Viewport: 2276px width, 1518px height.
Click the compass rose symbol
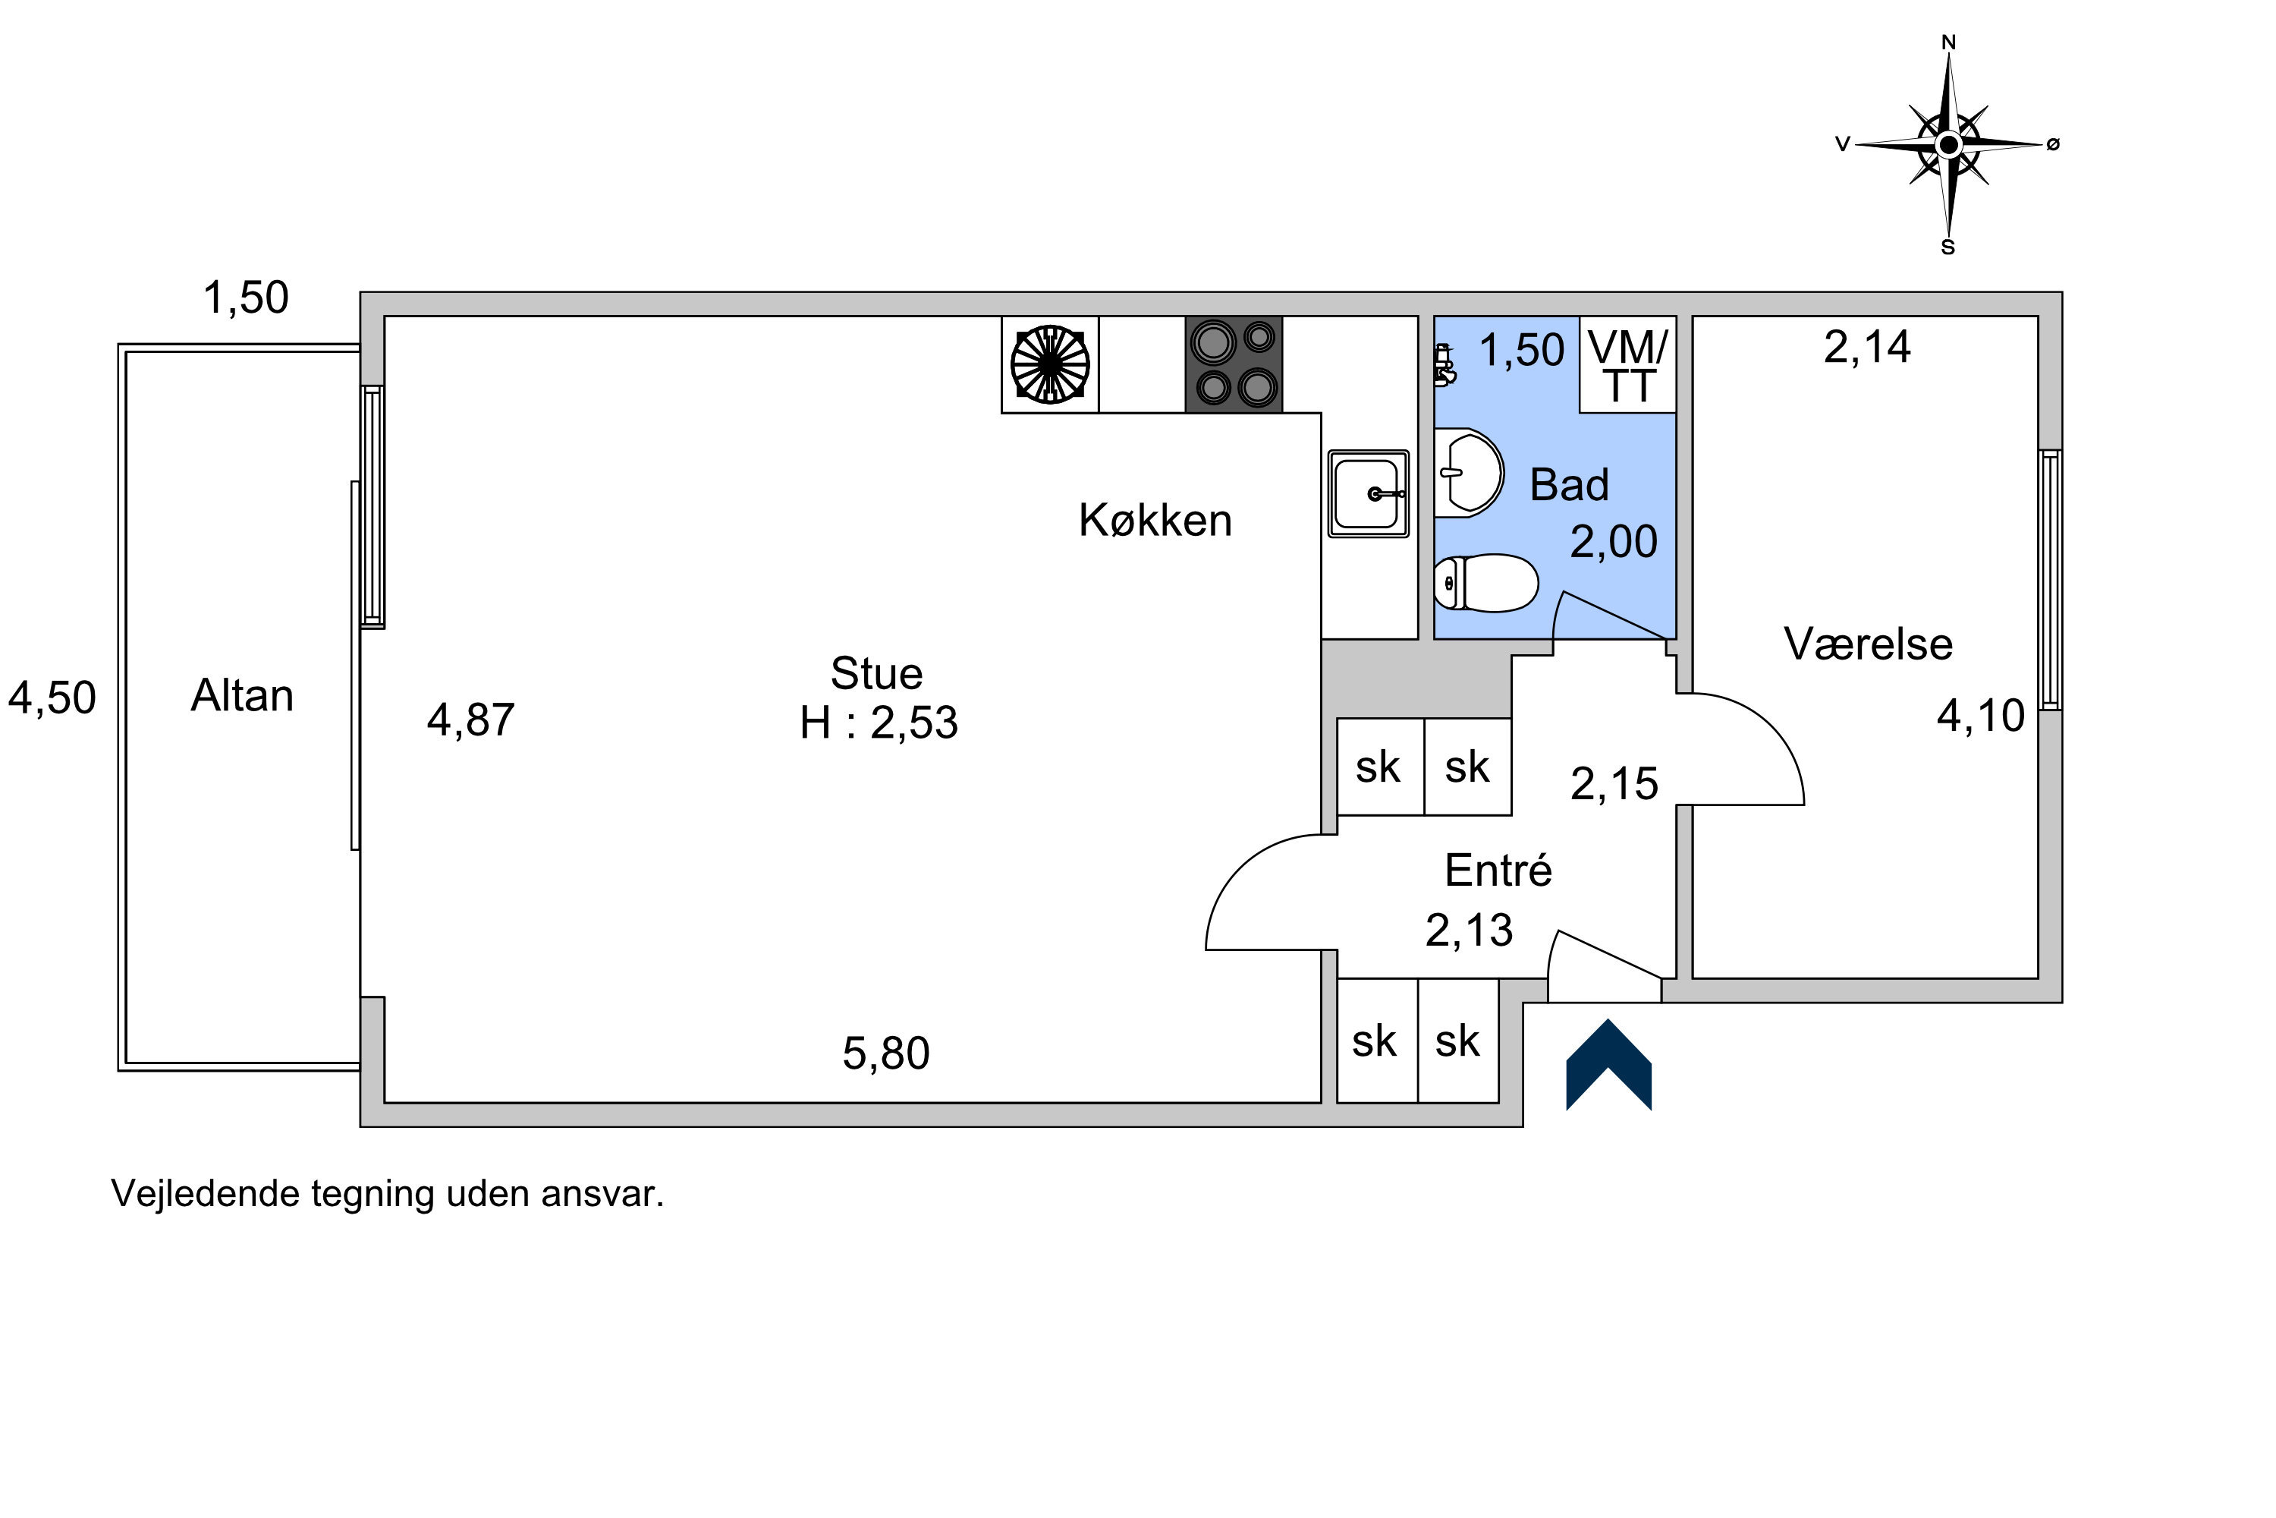[x=1948, y=144]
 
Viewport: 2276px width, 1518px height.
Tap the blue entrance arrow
[x=1608, y=1064]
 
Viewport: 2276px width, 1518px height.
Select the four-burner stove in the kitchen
[x=1234, y=364]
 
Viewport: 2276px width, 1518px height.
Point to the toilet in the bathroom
[x=1486, y=583]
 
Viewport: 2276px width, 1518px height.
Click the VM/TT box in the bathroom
[x=1627, y=364]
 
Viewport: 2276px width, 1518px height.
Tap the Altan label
[x=242, y=695]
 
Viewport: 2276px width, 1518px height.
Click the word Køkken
[x=1155, y=520]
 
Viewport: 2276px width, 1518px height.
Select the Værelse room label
[x=1869, y=644]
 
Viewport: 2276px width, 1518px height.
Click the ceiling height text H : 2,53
[x=879, y=723]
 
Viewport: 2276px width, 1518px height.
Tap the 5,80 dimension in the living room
[x=886, y=1053]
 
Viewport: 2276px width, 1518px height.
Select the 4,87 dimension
[x=471, y=720]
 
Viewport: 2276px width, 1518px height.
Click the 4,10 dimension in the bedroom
[x=1981, y=716]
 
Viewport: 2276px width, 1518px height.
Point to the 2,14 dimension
[x=1868, y=347]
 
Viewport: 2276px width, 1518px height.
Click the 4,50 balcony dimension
[x=52, y=697]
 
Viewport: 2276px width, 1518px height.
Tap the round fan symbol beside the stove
[x=1050, y=365]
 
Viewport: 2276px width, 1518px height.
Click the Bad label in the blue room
[x=1570, y=484]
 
